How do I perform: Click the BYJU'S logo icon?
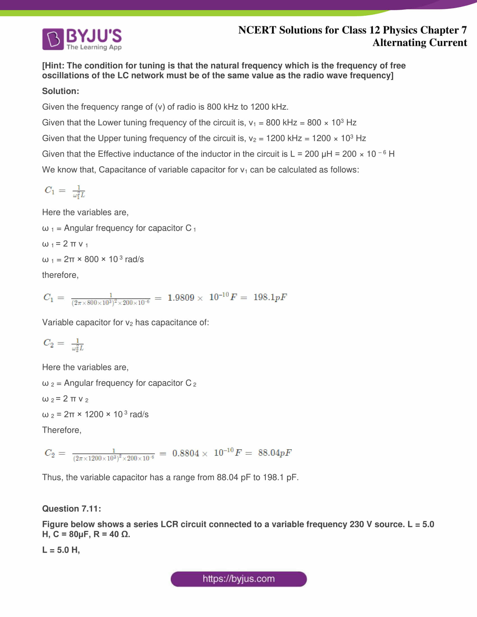53,39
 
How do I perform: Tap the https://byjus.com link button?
238,579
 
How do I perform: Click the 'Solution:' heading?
61,91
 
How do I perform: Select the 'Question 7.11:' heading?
72,508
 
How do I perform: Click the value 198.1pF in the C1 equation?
270,297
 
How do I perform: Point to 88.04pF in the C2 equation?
275,453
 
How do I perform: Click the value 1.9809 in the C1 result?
181,298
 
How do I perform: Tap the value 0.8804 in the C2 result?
186,453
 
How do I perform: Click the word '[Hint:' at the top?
53,66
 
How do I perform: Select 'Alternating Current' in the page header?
419,43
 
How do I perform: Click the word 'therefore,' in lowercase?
60,275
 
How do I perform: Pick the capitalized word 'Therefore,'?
62,430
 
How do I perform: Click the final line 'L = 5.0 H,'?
61,550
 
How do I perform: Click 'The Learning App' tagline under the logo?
94,47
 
